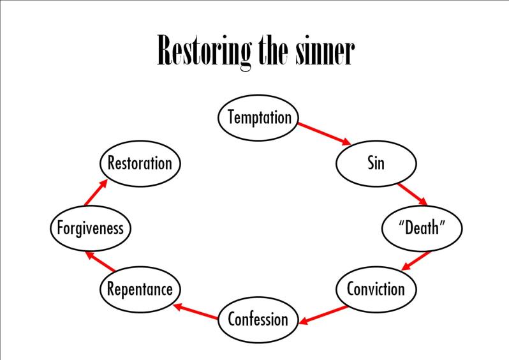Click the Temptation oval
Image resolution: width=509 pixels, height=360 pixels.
pyautogui.click(x=259, y=117)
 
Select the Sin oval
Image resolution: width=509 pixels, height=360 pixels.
pyautogui.click(x=376, y=163)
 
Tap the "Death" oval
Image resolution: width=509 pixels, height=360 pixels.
pyautogui.click(x=421, y=228)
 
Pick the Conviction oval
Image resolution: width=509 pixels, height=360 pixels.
pyautogui.click(x=376, y=289)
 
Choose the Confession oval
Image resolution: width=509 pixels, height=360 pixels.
pyautogui.click(x=258, y=319)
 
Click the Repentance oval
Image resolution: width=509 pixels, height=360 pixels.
pyautogui.click(x=140, y=289)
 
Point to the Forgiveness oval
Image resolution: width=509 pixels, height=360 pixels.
pyautogui.click(x=91, y=228)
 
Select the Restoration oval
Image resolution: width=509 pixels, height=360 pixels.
pyautogui.click(x=140, y=163)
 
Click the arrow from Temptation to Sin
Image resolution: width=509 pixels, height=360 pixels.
pyautogui.click(x=324, y=133)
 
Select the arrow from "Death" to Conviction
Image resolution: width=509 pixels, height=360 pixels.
pyautogui.click(x=413, y=260)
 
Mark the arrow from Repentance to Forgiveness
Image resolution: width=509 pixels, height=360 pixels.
pyautogui.click(x=101, y=260)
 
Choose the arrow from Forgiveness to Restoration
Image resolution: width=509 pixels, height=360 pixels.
pyautogui.click(x=96, y=193)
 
